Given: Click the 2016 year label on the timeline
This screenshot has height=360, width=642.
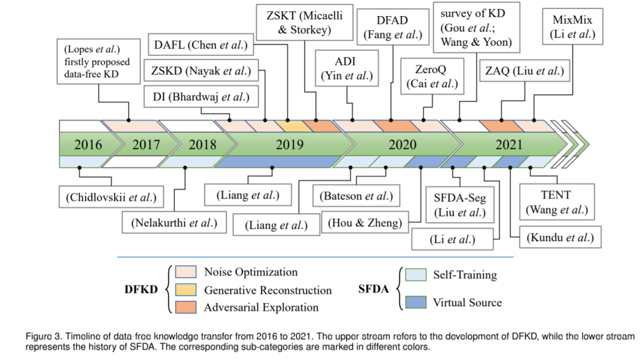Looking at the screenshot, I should [x=88, y=144].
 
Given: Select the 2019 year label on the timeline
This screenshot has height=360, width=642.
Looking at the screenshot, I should [x=289, y=144].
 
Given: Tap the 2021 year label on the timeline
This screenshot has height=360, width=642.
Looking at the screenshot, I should [x=509, y=144].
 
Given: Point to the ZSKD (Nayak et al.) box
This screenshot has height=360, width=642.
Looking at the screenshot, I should [x=201, y=72].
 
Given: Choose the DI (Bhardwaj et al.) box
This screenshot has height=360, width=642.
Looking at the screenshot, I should [x=201, y=96].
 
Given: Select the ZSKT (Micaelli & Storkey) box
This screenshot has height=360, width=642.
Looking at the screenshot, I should [x=305, y=23].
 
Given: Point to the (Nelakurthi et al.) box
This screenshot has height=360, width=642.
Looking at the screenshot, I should [x=174, y=223].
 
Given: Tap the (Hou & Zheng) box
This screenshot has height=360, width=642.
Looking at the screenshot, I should [x=365, y=223].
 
